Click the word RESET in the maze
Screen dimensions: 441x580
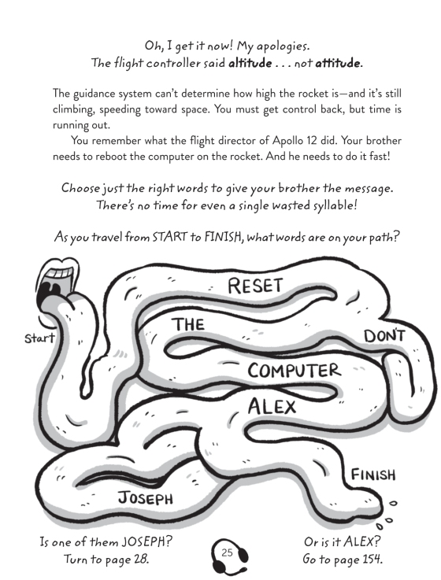255,286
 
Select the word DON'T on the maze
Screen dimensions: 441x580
384,336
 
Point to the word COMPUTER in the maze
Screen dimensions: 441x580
294,370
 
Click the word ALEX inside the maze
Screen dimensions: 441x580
272,407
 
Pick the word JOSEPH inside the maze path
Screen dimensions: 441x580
146,497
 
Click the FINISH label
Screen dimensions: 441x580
373,475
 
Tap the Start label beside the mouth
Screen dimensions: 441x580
39,338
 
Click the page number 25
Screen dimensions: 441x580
227,552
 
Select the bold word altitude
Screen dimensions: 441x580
250,63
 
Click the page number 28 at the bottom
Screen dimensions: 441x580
141,558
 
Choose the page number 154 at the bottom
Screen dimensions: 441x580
372,558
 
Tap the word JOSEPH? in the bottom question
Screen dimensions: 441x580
147,542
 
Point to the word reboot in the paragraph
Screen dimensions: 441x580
111,157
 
